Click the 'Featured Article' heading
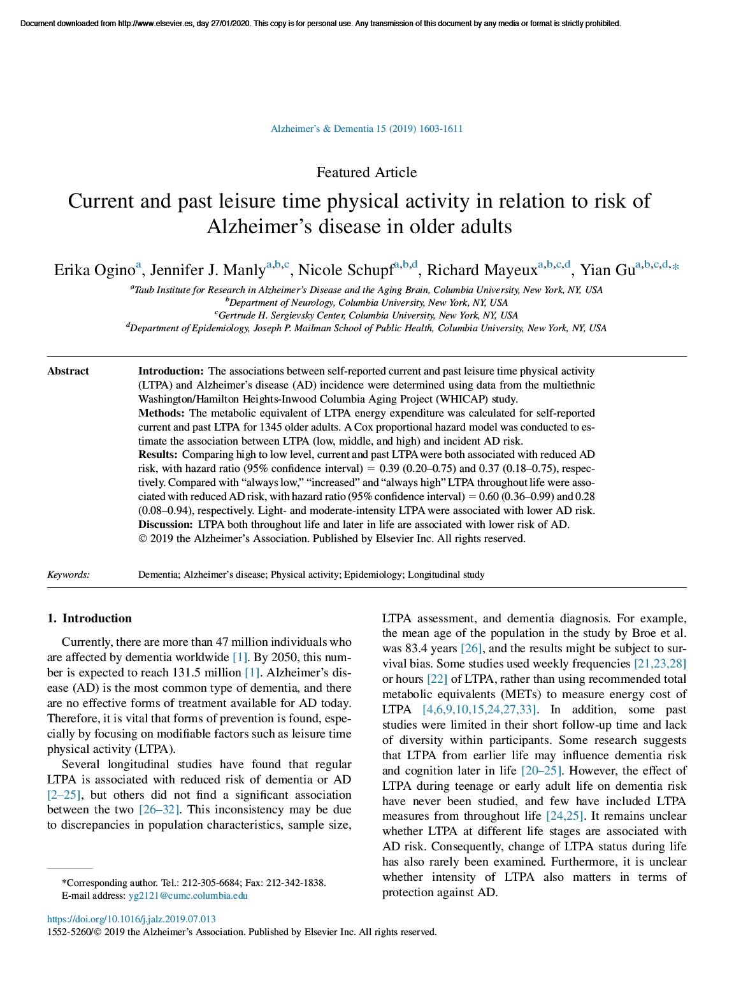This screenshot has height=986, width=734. pyautogui.click(x=366, y=172)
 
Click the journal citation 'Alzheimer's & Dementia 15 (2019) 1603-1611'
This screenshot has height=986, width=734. pyautogui.click(x=366, y=129)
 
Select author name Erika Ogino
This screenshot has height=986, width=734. pyautogui.click(x=94, y=270)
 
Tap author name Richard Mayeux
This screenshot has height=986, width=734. pyautogui.click(x=482, y=270)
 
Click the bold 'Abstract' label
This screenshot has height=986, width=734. pyautogui.click(x=68, y=371)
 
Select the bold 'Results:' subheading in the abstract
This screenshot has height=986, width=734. pyautogui.click(x=158, y=455)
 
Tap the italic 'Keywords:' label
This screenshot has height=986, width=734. pyautogui.click(x=68, y=575)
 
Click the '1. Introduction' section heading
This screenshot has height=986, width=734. pyautogui.click(x=90, y=618)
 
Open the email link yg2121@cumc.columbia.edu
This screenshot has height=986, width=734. pyautogui.click(x=188, y=896)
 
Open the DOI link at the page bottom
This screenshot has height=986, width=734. pyautogui.click(x=131, y=919)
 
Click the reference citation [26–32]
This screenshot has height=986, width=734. pyautogui.click(x=159, y=810)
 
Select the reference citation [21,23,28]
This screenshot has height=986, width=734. pyautogui.click(x=660, y=664)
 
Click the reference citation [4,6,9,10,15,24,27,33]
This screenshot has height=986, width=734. pyautogui.click(x=480, y=710)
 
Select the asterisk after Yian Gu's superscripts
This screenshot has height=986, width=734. pyautogui.click(x=676, y=268)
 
